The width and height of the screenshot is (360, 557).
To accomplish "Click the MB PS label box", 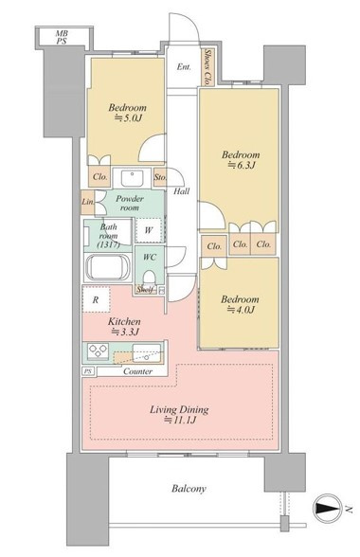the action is tap(62, 37).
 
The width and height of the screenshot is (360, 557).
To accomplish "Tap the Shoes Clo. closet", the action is tap(207, 67).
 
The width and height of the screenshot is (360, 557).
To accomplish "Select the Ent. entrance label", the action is tap(184, 66).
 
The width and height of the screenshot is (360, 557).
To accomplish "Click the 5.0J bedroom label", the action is tap(127, 113).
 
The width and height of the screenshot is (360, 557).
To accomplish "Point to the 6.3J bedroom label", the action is tap(241, 160).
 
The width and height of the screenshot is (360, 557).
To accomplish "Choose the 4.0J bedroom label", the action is tap(240, 304).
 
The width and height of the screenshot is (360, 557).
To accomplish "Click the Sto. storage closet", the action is tap(159, 176).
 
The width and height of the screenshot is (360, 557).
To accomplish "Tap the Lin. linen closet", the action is tap(88, 202).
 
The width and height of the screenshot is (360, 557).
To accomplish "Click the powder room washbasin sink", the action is tap(132, 178).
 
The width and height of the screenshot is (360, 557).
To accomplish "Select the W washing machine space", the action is tap(149, 230).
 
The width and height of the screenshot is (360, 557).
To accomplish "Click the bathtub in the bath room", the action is tap(108, 267).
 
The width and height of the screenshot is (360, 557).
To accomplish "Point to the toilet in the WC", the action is tap(150, 278).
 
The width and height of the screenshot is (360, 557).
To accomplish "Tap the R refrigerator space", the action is tap(96, 299).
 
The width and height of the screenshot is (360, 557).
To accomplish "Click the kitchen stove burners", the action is tap(99, 350).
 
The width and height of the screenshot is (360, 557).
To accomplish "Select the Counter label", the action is tap(138, 371).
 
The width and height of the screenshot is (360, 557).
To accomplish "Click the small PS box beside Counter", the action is tap(88, 371).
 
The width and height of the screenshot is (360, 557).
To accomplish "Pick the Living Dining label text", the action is tap(179, 415).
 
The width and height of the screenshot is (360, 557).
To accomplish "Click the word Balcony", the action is tap(189, 489).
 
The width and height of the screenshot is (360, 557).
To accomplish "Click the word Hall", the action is tap(181, 191).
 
